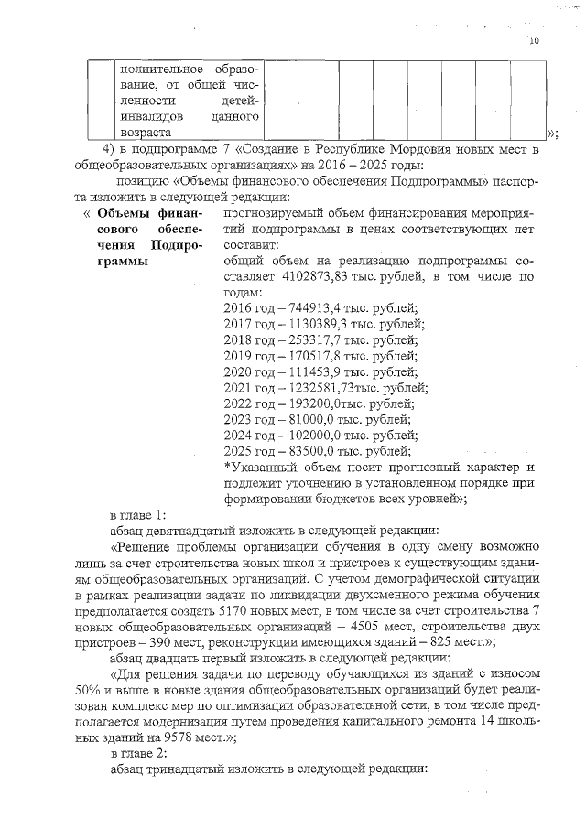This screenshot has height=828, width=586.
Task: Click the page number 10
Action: [535, 41]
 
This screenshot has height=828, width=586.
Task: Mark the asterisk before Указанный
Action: [226, 467]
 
